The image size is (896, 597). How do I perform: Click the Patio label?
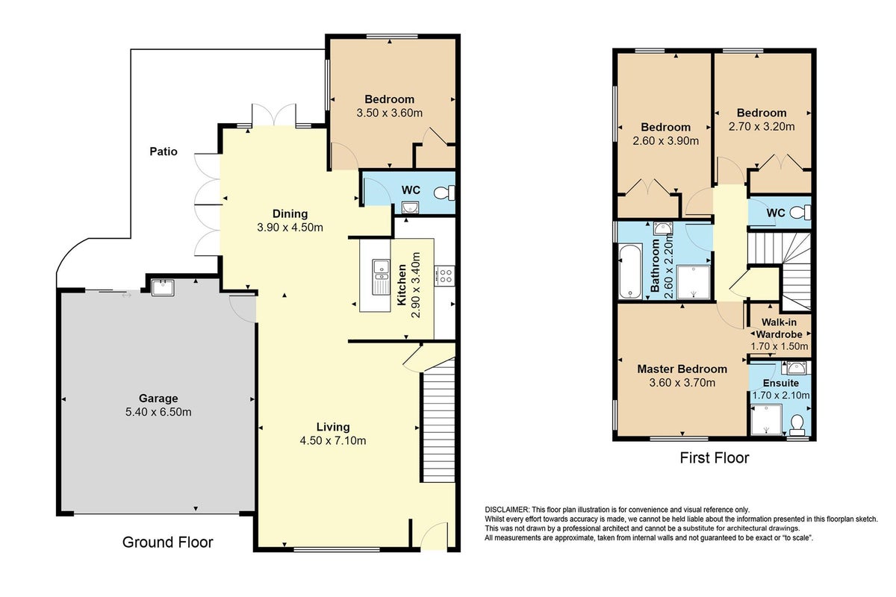pos(164,151)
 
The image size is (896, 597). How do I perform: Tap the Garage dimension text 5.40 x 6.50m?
pos(158,412)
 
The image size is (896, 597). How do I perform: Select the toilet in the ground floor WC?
pos(444,193)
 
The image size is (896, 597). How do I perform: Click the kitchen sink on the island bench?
pos(382,277)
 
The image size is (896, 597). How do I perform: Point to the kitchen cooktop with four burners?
pos(444,275)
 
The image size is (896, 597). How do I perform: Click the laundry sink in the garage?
pos(163,287)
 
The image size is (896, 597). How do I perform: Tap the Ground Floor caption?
pos(167,543)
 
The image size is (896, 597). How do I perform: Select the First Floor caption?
pos(715,458)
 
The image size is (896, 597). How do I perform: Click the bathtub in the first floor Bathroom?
pos(630,272)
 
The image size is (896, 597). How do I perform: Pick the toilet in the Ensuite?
pos(797,425)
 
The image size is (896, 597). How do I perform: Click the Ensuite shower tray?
pos(766,420)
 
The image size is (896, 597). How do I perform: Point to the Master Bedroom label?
pos(682,369)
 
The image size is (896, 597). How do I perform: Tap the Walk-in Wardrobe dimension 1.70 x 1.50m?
pos(780,346)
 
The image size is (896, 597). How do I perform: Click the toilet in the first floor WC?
pos(800,213)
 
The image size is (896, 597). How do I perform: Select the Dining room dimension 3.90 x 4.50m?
pos(290,228)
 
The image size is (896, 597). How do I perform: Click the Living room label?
pos(333,427)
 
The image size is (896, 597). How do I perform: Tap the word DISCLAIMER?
pos(507,510)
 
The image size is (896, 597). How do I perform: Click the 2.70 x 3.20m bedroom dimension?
pos(762,127)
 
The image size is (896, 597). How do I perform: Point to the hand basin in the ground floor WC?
pos(410,208)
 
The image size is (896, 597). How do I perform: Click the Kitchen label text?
pos(402,285)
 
